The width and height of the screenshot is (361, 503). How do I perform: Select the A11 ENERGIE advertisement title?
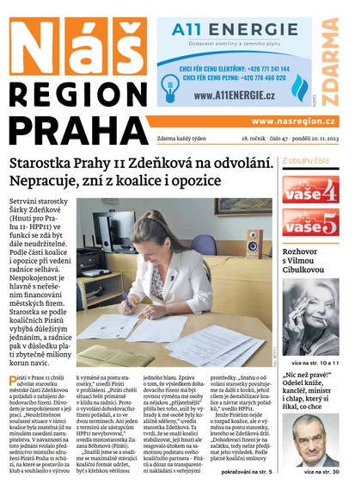click(x=223, y=31)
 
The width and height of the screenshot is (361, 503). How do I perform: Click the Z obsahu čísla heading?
click(x=305, y=160)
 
